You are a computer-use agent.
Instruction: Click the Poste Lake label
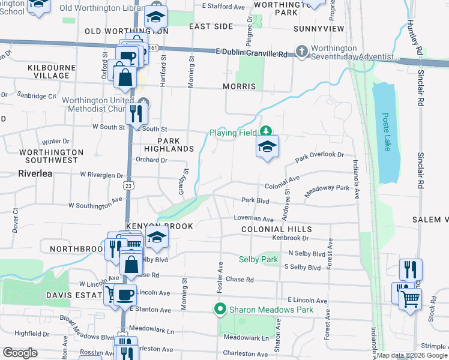tap(386, 133)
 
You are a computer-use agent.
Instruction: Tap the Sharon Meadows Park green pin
tap(220, 310)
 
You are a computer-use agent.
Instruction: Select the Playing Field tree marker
tap(265, 131)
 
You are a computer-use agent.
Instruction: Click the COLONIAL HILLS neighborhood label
tap(276, 229)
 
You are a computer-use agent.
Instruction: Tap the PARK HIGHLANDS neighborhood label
tap(168, 144)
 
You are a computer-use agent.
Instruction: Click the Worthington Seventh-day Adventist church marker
tap(301, 52)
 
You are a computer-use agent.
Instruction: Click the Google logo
tap(20, 353)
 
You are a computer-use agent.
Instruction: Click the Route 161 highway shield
tap(154, 47)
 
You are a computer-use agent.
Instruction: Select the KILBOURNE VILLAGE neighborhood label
tap(49, 71)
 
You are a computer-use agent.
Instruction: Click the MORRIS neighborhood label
tap(240, 86)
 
